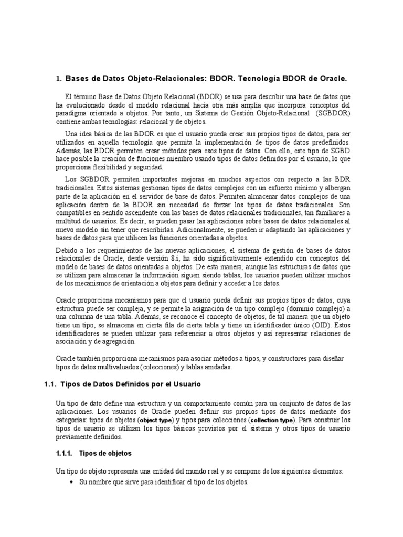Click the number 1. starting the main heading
(58, 79)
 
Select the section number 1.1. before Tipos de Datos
(50, 384)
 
